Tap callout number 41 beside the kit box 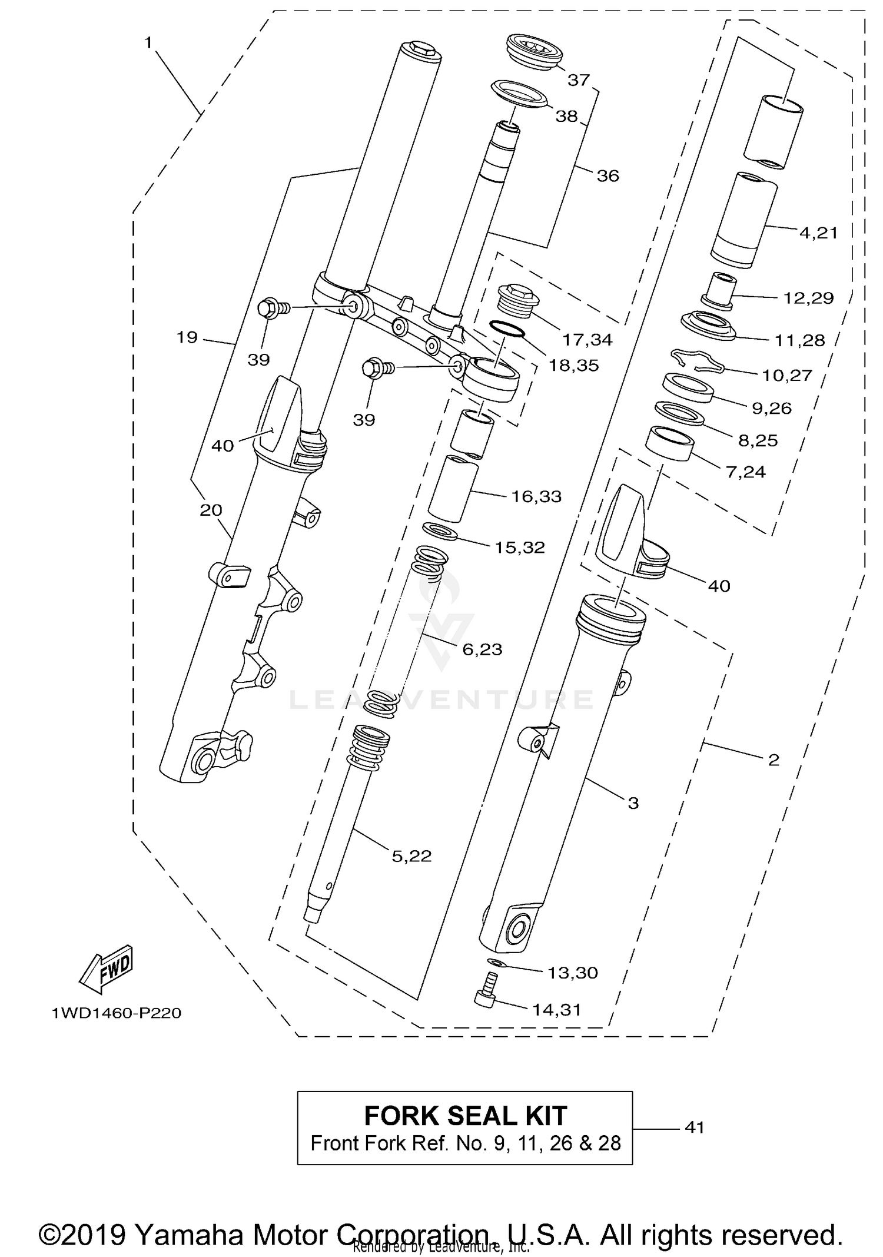point(695,1127)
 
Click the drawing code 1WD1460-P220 point(116,1013)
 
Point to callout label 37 point(578,79)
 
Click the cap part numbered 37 point(533,52)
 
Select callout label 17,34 point(587,339)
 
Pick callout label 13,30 point(572,972)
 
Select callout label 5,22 point(411,855)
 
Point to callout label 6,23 point(482,649)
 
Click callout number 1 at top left point(148,42)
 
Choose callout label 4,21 point(818,233)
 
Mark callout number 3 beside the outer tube point(633,803)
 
